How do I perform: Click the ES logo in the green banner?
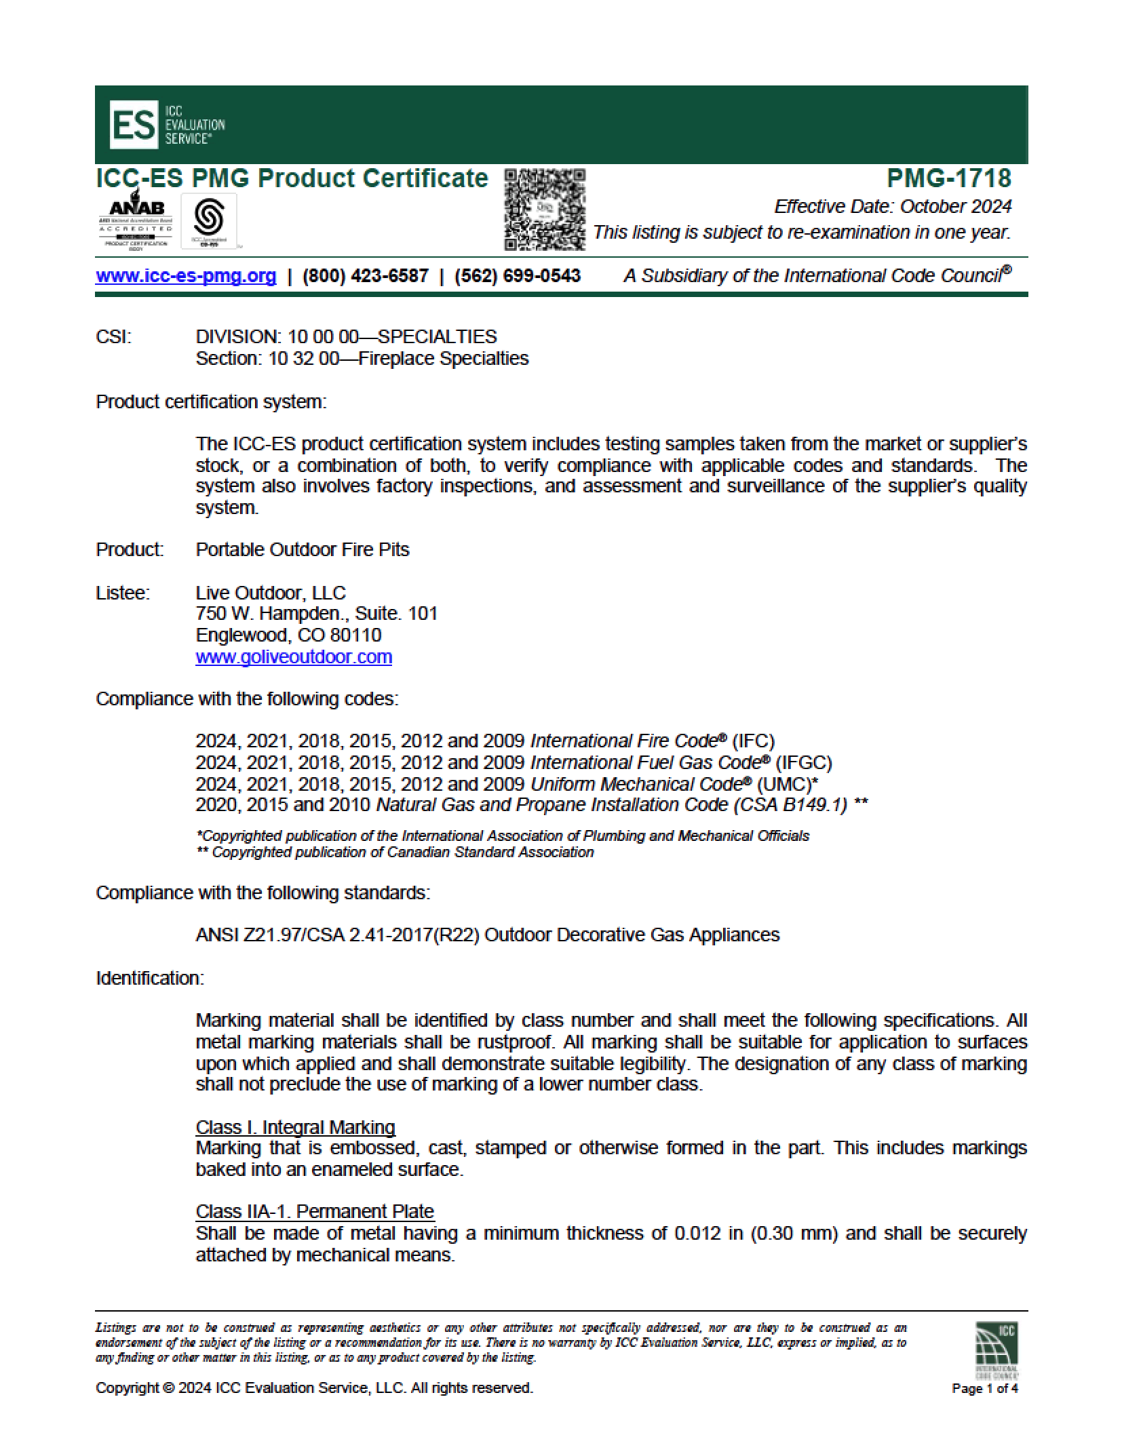[132, 125]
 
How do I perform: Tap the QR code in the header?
[545, 210]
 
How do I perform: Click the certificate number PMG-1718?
[948, 178]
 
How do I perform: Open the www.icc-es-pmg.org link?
[186, 276]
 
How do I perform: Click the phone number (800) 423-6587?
[365, 276]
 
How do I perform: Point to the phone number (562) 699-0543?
[517, 276]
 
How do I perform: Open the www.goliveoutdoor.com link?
[294, 656]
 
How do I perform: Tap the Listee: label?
[123, 593]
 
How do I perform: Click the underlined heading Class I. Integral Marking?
[295, 1127]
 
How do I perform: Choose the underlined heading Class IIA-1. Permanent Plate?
[315, 1211]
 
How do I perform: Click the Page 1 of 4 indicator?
[984, 1388]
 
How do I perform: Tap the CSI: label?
[113, 336]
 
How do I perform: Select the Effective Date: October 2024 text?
[893, 206]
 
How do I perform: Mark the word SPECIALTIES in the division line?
[437, 336]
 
